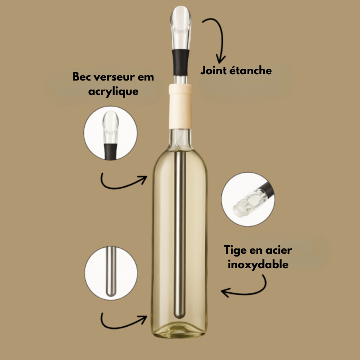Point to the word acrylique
pyautogui.click(x=113, y=92)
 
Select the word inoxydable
pyautogui.click(x=257, y=265)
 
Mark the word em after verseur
pyautogui.click(x=145, y=77)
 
